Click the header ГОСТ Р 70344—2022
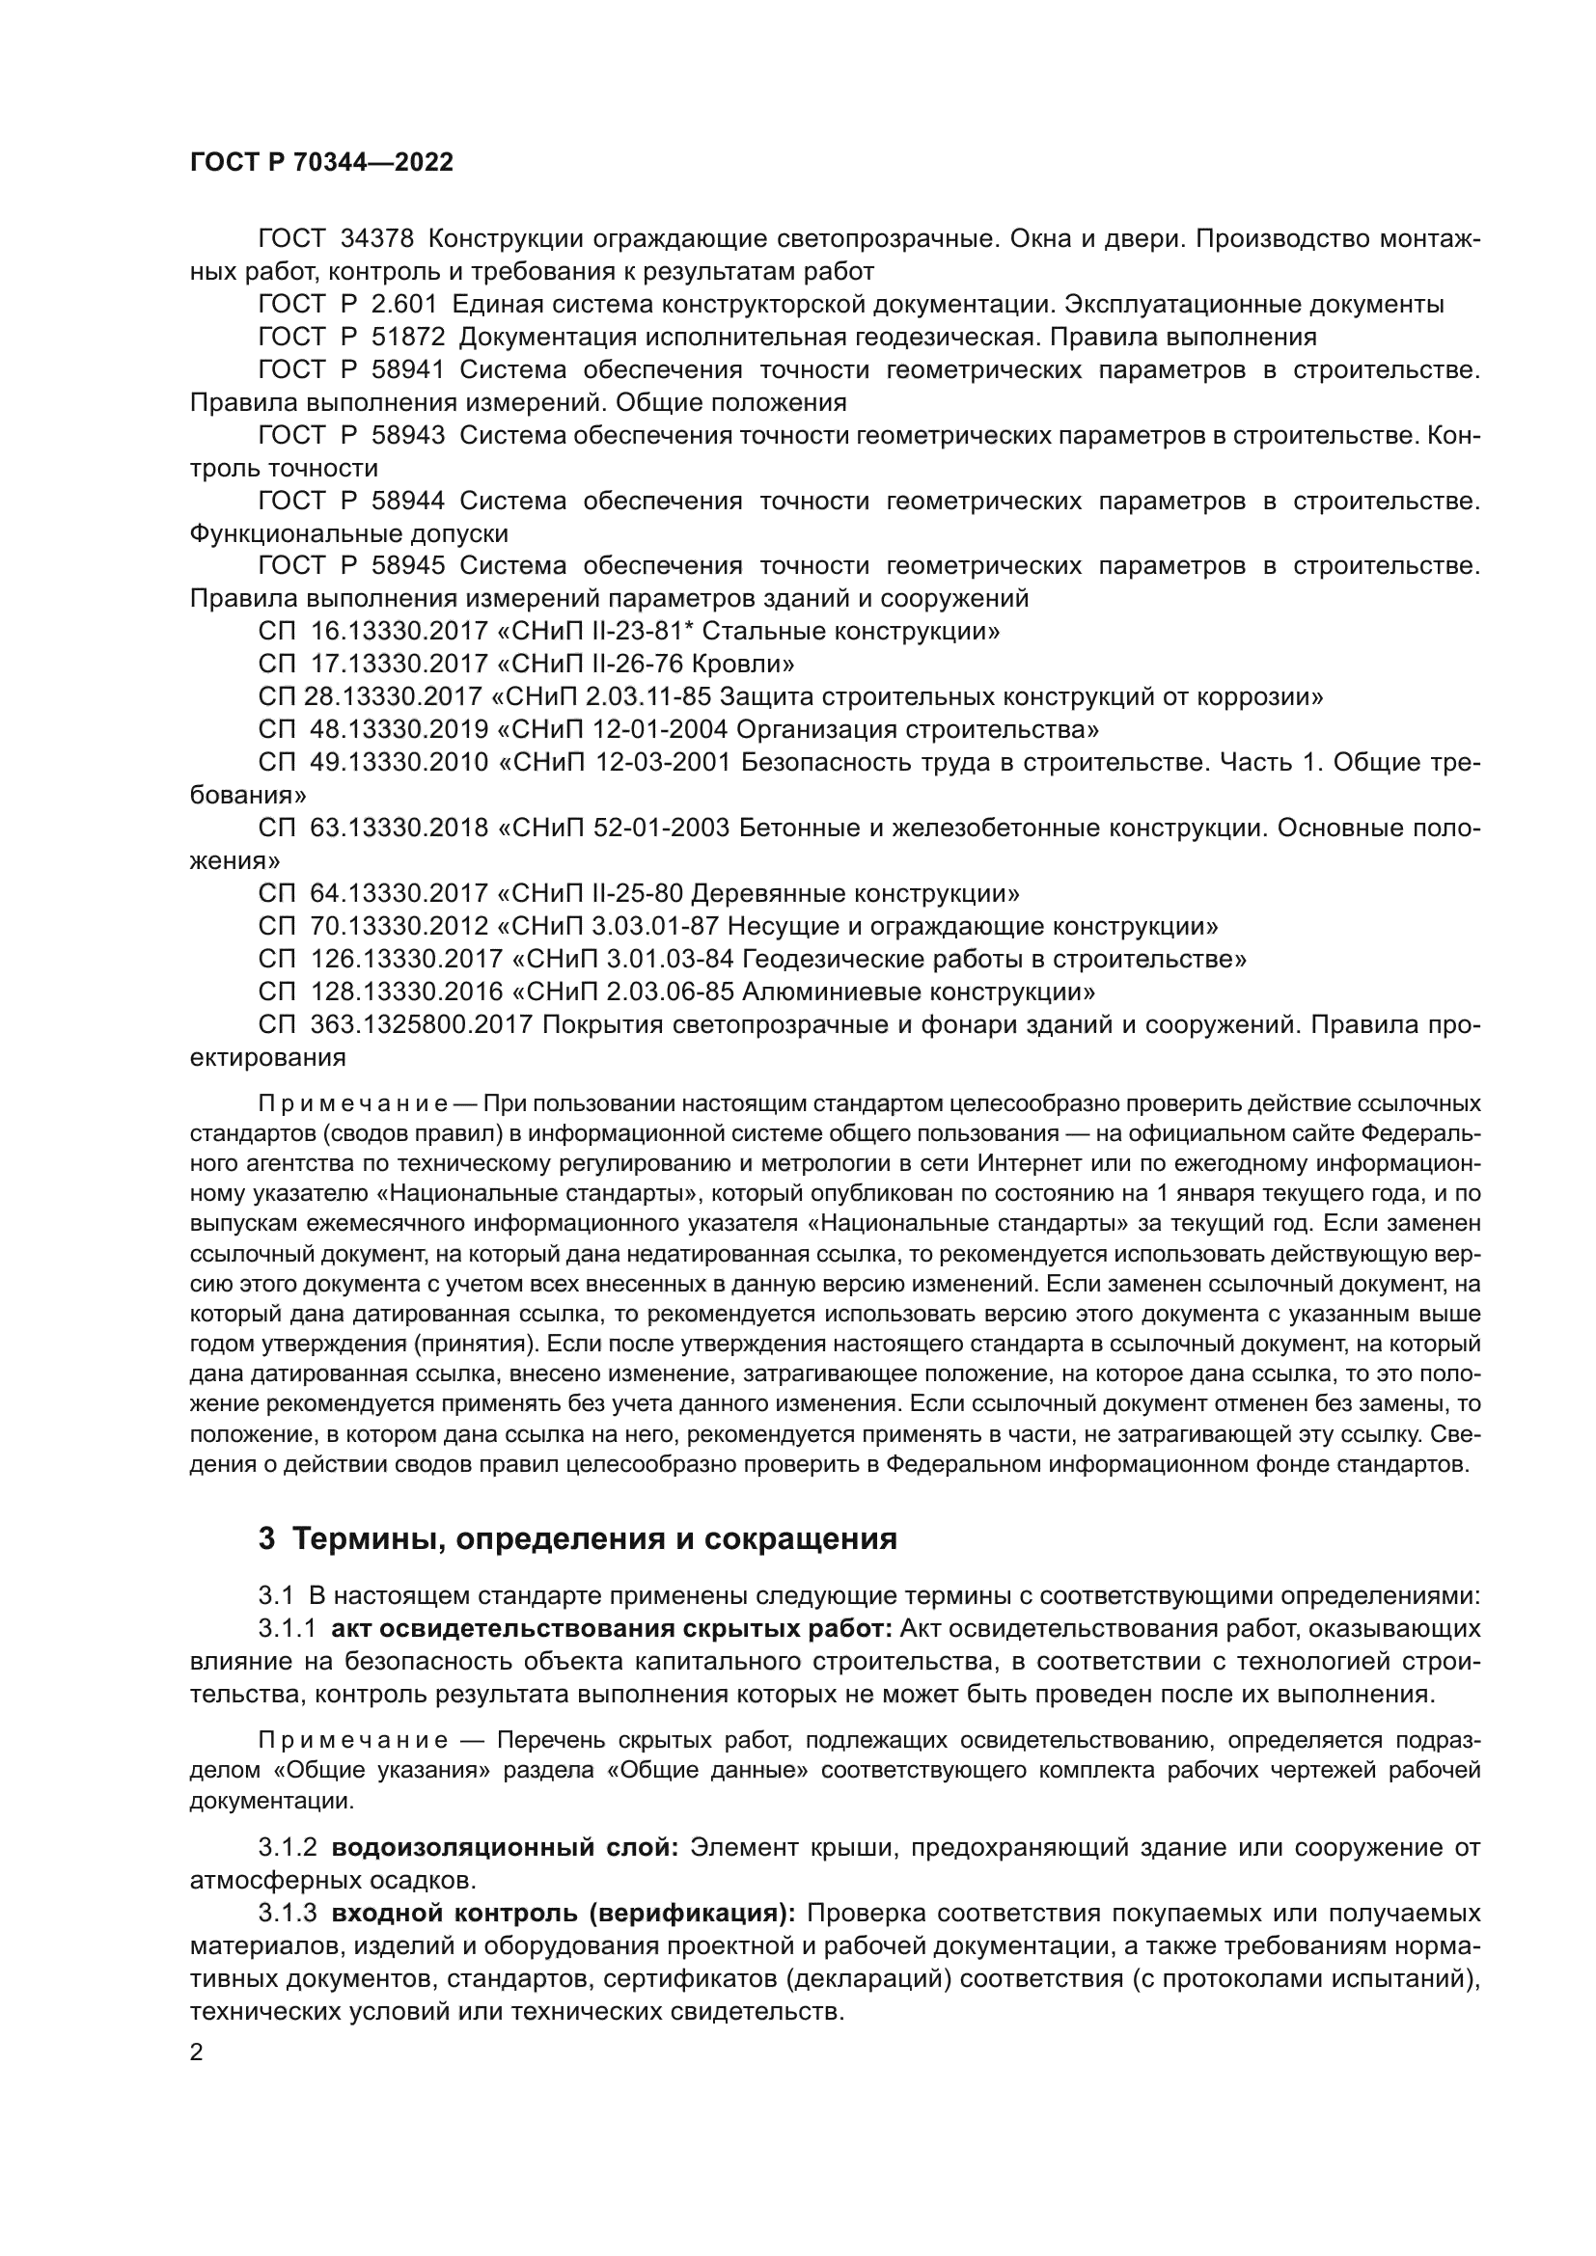pyautogui.click(x=321, y=163)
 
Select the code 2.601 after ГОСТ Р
pyautogui.click(x=404, y=304)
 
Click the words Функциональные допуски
pyautogui.click(x=349, y=533)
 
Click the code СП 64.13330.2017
pyautogui.click(x=372, y=893)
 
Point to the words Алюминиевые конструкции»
pyautogui.click(x=918, y=992)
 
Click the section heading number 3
pyautogui.click(x=266, y=1538)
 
